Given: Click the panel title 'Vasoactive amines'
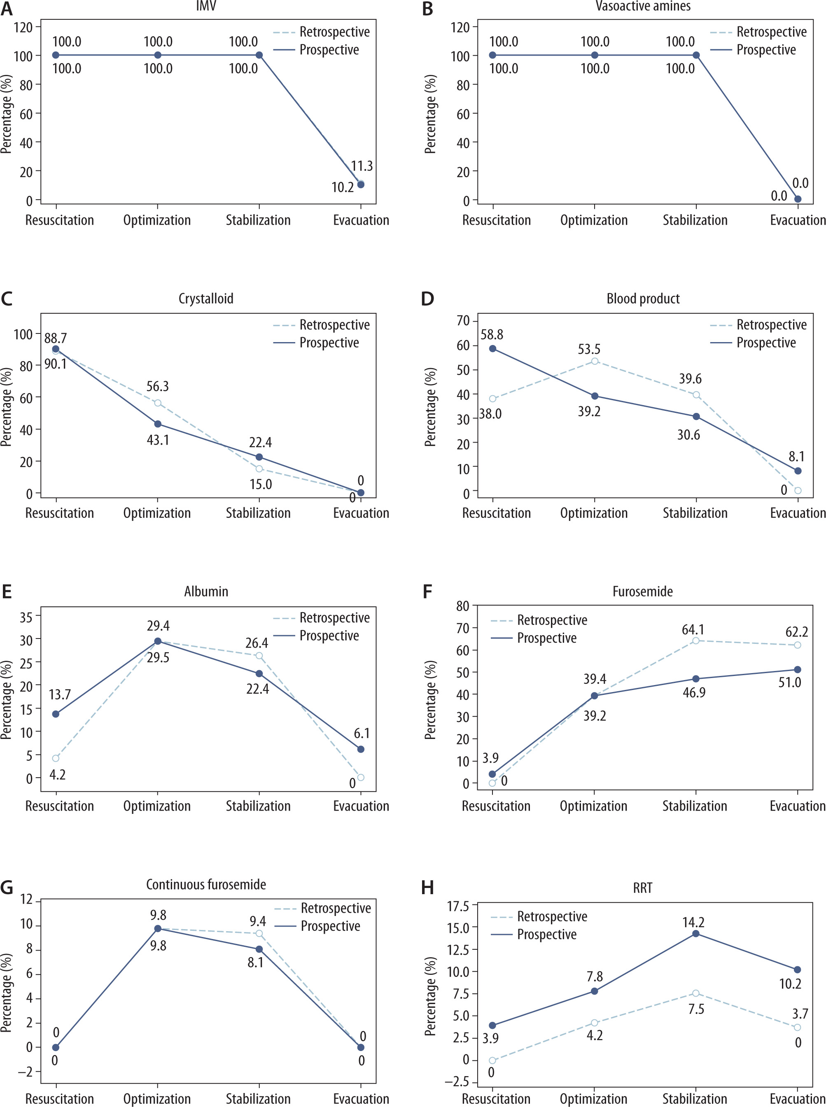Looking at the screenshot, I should (x=643, y=6).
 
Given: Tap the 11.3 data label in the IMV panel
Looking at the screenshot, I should (x=362, y=165).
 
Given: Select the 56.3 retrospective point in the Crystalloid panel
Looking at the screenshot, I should (x=157, y=403).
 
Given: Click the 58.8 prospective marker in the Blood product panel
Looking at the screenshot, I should (x=492, y=348).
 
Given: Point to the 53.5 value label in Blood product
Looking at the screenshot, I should (x=589, y=349).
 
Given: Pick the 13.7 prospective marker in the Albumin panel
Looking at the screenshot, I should (x=56, y=714).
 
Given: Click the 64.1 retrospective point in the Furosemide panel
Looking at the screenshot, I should (x=695, y=640).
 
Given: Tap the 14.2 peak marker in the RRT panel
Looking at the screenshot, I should (x=695, y=934).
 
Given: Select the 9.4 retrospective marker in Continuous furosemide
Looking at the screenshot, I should (x=259, y=933).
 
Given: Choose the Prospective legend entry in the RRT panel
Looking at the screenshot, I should (x=546, y=934).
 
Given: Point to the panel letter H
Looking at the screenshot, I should (x=427, y=888).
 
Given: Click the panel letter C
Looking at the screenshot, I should (x=7, y=299).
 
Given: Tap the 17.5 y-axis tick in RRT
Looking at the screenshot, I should (x=458, y=906).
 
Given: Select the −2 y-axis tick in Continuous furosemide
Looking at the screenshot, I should (x=26, y=1071).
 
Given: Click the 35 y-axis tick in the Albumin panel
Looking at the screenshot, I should (x=26, y=617).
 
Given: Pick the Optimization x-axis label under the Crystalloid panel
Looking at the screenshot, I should (x=157, y=513).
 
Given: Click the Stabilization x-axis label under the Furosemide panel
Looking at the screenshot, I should (x=695, y=806).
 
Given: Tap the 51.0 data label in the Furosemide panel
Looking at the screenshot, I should (x=789, y=682).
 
